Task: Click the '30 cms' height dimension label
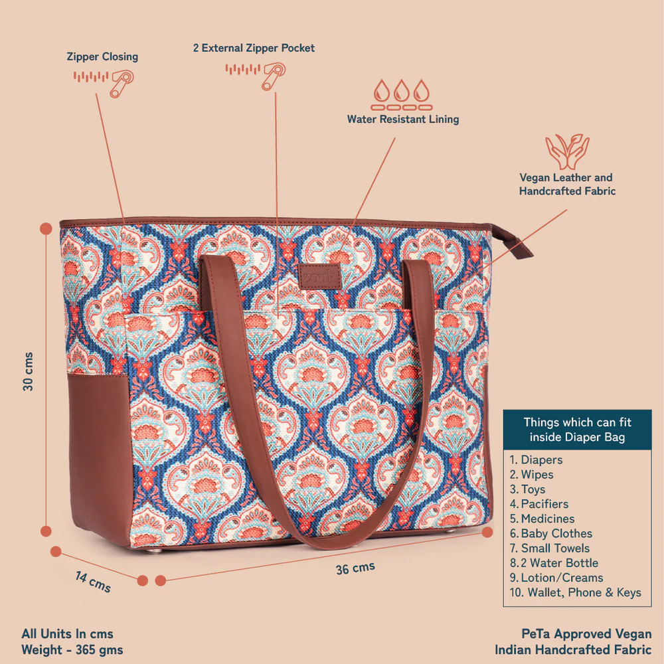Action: point(27,371)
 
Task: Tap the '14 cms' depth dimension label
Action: point(93,582)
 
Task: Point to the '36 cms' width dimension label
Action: point(355,568)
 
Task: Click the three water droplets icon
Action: point(402,95)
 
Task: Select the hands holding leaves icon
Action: point(567,151)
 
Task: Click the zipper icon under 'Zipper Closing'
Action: point(104,82)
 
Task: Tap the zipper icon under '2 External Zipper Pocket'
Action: point(256,76)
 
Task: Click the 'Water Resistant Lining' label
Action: point(403,120)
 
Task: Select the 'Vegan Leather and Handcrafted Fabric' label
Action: point(567,184)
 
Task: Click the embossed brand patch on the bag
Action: point(320,277)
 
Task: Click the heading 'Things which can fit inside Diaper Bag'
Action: point(577,430)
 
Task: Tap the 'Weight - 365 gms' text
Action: point(72,649)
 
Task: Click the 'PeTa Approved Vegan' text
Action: point(586,633)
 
